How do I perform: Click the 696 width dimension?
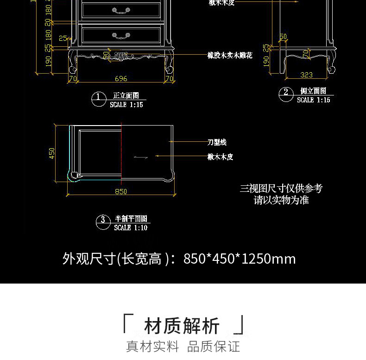(121, 79)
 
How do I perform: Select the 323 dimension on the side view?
(306, 75)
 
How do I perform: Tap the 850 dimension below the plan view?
(121, 191)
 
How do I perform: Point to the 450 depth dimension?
(52, 153)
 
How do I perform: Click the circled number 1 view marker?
(98, 99)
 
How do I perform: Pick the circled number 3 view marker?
(103, 222)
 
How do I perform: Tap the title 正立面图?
(126, 96)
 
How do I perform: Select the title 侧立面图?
(313, 91)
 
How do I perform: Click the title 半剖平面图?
(131, 219)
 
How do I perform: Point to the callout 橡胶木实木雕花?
(230, 56)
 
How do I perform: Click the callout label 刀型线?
(217, 142)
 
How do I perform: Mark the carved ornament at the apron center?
(121, 57)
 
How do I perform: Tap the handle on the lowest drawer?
(121, 35)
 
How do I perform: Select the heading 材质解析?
(182, 326)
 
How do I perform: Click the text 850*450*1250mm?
(240, 259)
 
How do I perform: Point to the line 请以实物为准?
(281, 200)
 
